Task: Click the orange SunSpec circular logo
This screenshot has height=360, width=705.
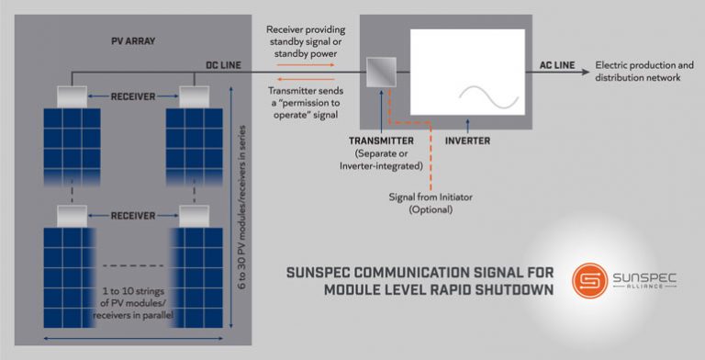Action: tap(588, 281)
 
